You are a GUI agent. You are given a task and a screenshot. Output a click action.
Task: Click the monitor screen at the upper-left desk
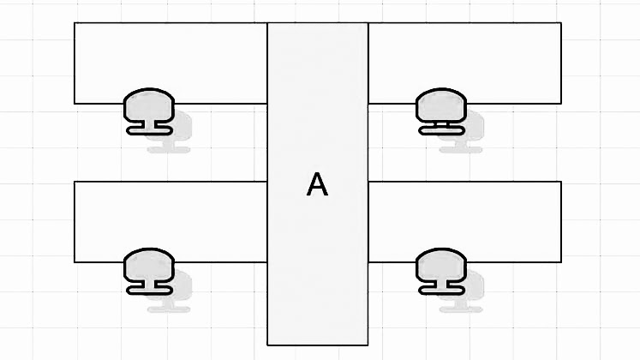point(149,105)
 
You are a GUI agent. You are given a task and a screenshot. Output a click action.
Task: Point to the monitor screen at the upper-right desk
point(440,105)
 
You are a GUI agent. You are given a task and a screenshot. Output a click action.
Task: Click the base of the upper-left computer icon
point(149,129)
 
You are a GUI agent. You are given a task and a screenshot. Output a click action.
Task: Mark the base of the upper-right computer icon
point(441,129)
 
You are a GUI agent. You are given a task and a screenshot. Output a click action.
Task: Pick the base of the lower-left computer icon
point(149,289)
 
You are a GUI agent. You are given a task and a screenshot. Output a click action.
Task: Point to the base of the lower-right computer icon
point(441,289)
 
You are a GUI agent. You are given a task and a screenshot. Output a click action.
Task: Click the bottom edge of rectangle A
point(318,345)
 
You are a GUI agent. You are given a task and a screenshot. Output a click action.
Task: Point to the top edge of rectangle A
point(318,23)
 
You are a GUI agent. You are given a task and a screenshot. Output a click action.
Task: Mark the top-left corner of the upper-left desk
point(75,23)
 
